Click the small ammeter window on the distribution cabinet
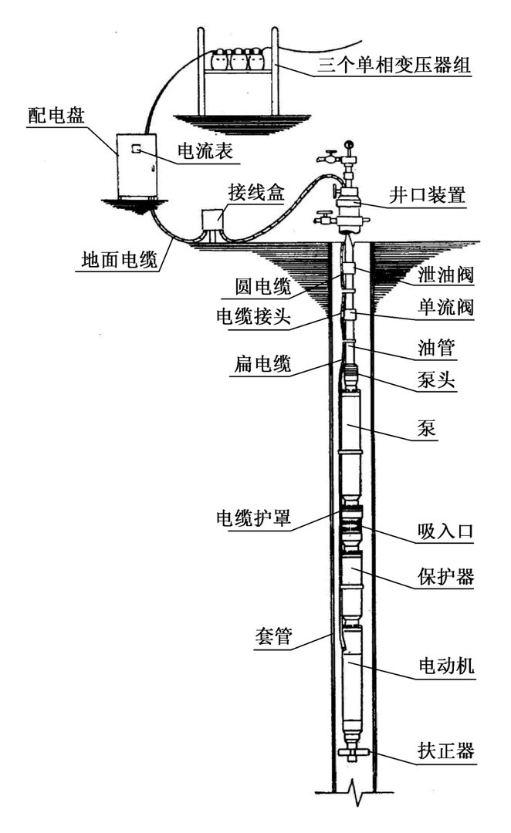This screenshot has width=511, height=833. [134, 147]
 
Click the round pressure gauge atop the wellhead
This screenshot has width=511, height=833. [349, 143]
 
